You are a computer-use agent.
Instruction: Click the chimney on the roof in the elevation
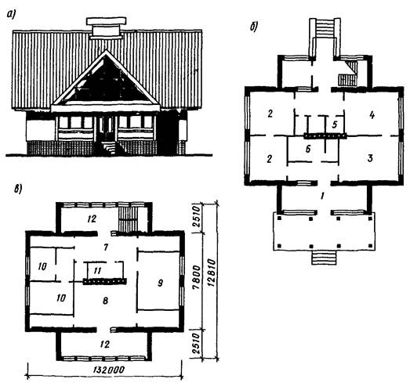click(x=107, y=28)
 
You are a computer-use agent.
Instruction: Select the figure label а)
click(x=11, y=15)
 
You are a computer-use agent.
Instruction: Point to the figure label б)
click(x=254, y=26)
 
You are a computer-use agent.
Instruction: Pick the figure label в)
click(x=18, y=189)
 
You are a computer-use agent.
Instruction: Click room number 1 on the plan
click(x=322, y=196)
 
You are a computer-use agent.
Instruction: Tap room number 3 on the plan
click(x=370, y=158)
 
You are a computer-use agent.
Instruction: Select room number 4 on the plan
click(x=372, y=115)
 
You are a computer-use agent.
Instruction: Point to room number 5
click(x=335, y=125)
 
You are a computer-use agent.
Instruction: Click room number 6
click(x=308, y=149)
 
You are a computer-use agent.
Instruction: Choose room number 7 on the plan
click(x=106, y=247)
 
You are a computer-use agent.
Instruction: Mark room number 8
click(x=105, y=301)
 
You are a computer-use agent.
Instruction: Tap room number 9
click(x=160, y=283)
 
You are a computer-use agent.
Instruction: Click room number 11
click(x=97, y=270)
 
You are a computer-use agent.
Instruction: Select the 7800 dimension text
click(x=198, y=277)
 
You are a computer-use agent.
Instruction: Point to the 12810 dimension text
click(x=212, y=273)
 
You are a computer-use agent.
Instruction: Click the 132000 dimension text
click(x=108, y=370)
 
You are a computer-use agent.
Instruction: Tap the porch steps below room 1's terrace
click(x=324, y=258)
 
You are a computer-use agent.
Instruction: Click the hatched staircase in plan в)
click(x=128, y=218)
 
